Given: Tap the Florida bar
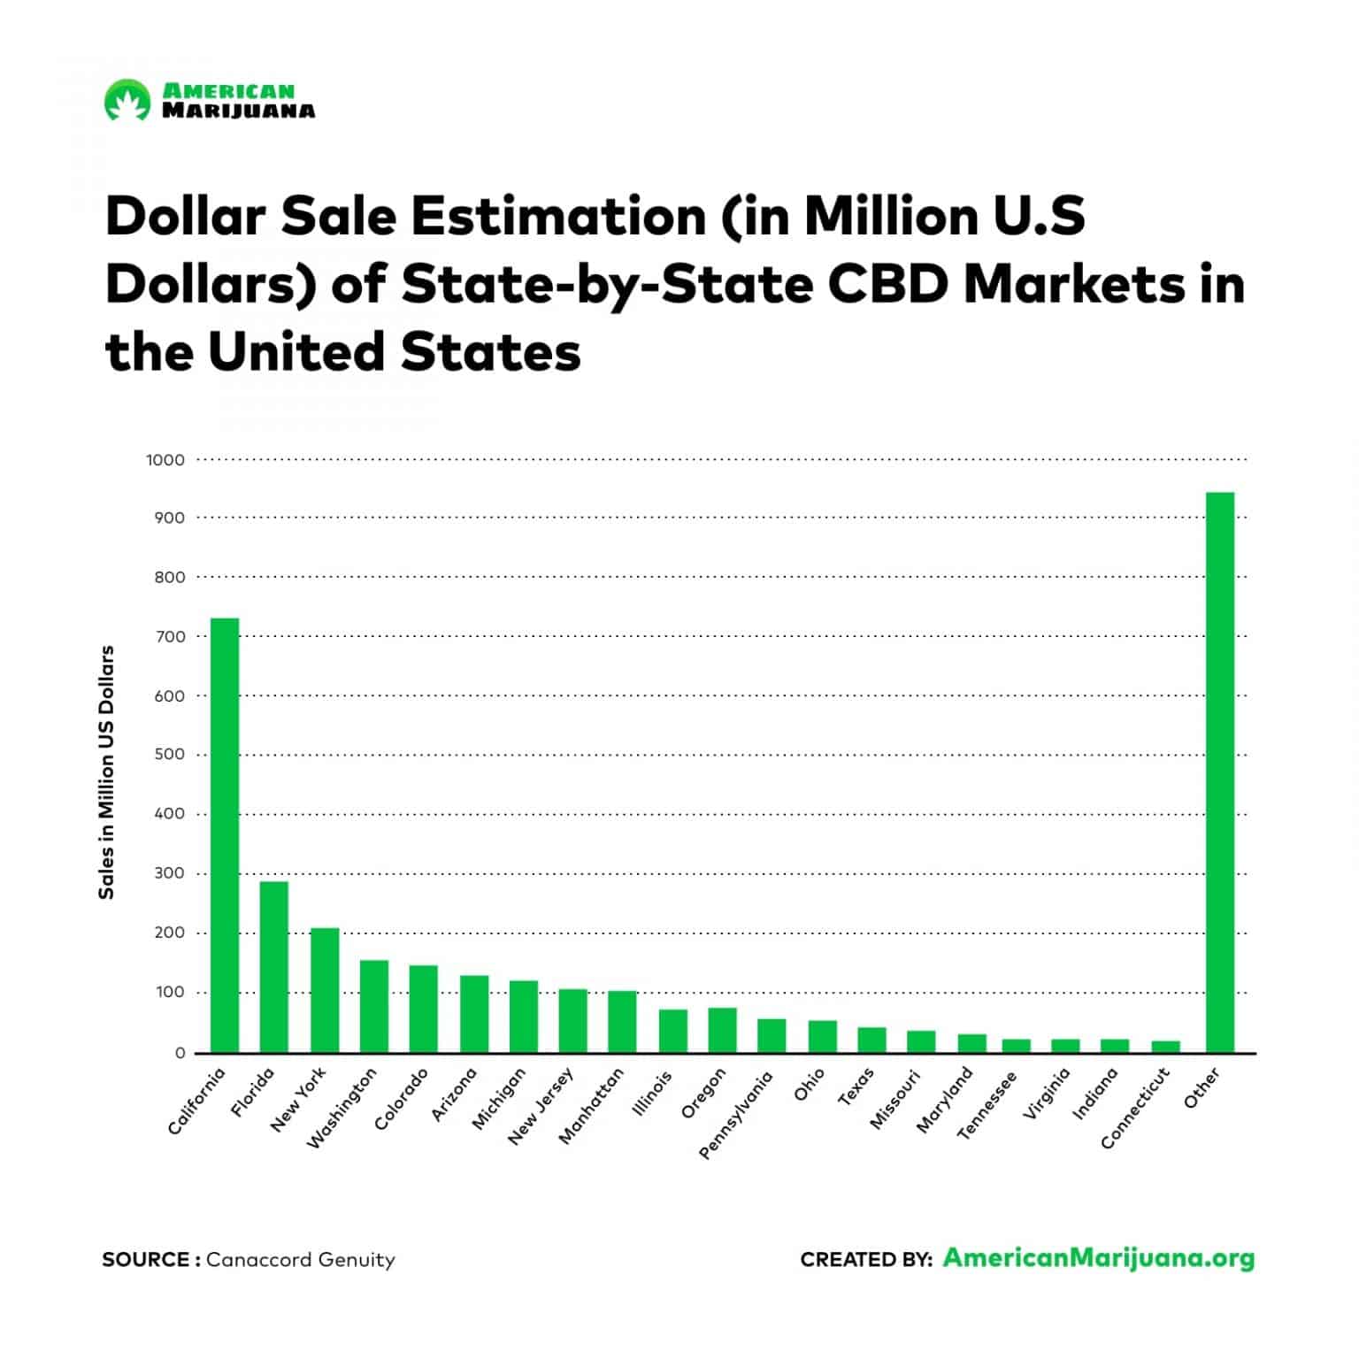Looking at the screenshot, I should click(273, 966).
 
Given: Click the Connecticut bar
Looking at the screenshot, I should click(1164, 1046).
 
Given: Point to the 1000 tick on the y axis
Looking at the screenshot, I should click(166, 460).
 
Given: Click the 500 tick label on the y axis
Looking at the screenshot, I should click(169, 755).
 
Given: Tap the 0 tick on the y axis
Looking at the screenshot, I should click(180, 1053).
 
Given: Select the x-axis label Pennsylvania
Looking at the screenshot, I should click(736, 1115).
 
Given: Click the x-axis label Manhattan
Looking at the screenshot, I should click(592, 1107).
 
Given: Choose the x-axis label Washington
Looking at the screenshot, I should click(342, 1109).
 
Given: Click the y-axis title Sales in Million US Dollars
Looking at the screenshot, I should click(107, 772).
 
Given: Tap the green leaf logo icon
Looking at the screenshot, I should click(127, 100).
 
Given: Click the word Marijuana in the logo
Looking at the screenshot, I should click(238, 111).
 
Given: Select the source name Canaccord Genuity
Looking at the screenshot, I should click(300, 1260).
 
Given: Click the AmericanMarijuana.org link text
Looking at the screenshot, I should click(1098, 1258).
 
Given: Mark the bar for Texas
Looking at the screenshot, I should click(871, 1040).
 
